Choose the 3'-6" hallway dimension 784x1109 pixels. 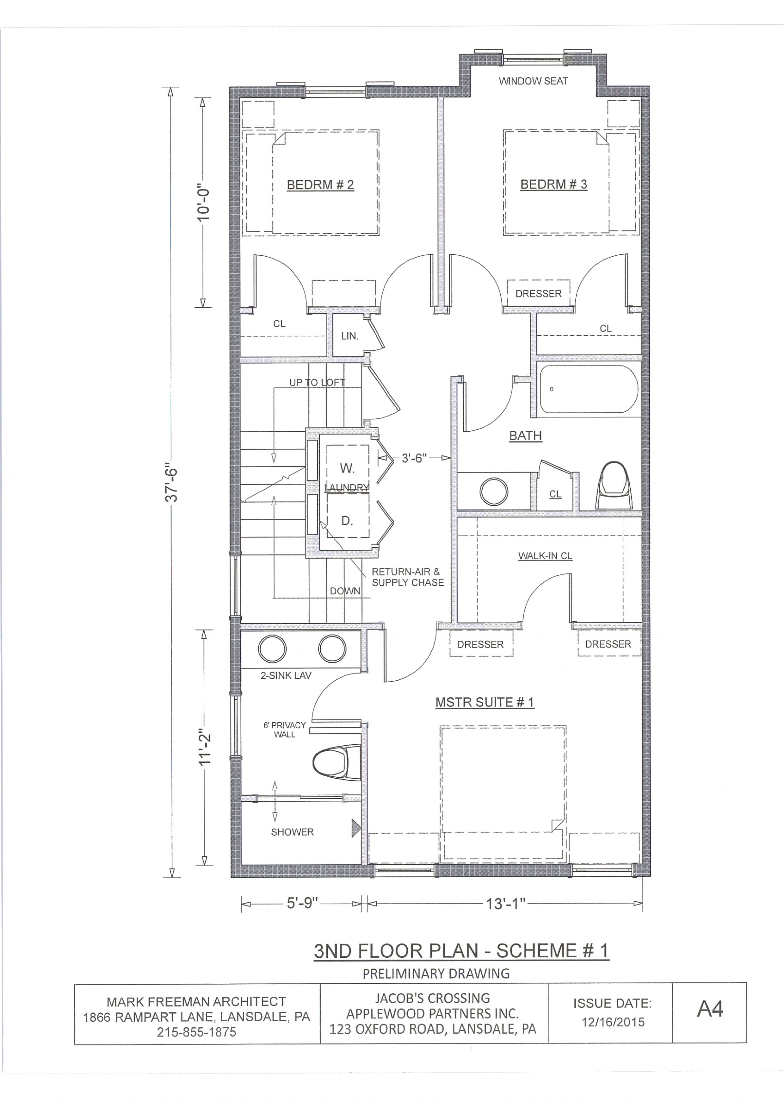click(x=414, y=458)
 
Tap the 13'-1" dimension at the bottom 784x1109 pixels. click(x=505, y=903)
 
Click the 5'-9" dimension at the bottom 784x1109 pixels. click(x=303, y=902)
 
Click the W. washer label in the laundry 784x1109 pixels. click(x=347, y=468)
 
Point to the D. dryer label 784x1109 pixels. click(x=347, y=521)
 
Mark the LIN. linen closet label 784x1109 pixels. click(x=349, y=336)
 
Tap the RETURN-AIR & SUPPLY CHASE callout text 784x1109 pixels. click(x=407, y=577)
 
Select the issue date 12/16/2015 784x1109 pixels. click(x=613, y=1022)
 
